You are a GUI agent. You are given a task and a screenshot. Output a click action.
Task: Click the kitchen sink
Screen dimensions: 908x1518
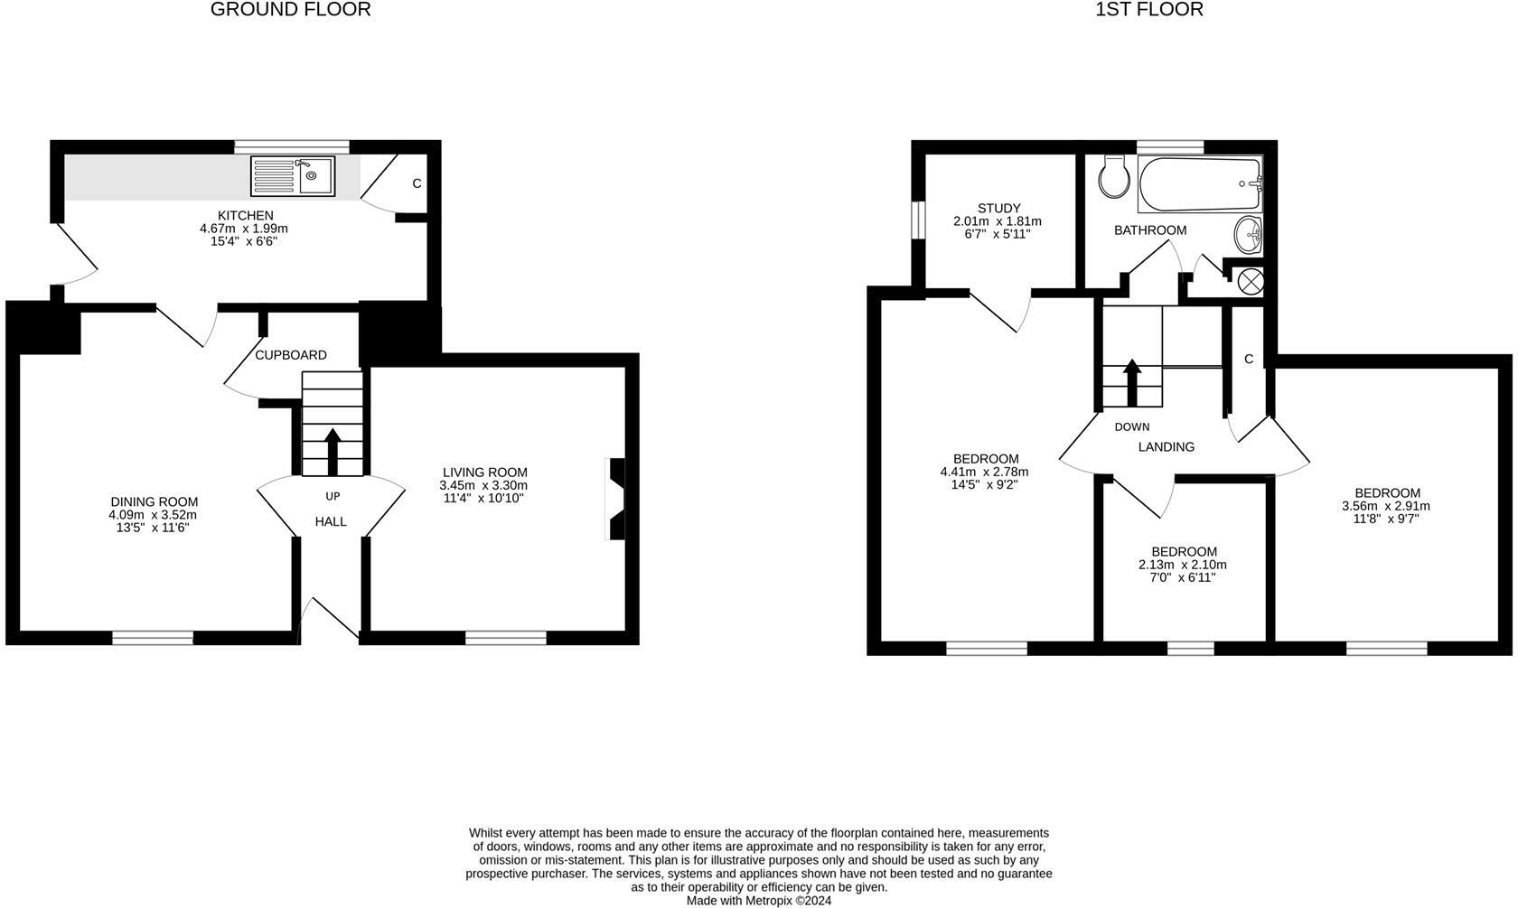click(x=293, y=176)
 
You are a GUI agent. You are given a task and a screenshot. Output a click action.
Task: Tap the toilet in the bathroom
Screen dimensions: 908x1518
click(x=1112, y=176)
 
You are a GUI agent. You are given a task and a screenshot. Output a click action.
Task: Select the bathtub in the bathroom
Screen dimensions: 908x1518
click(x=1200, y=184)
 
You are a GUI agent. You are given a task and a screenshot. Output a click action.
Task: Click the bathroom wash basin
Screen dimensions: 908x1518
click(x=1249, y=236)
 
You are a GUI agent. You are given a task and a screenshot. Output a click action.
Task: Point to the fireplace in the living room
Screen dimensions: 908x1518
click(x=616, y=499)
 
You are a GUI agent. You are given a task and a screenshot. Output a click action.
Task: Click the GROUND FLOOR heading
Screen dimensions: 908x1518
click(x=290, y=10)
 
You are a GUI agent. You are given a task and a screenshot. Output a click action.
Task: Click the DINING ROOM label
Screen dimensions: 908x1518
click(x=154, y=502)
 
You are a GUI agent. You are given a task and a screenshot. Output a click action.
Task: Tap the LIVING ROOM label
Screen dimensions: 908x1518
click(x=485, y=473)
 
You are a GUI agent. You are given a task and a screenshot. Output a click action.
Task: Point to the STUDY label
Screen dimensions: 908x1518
click(x=998, y=208)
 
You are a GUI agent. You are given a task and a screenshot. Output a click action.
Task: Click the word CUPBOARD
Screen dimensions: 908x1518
click(x=291, y=355)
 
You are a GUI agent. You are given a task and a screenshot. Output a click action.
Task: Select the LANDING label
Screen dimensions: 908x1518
click(x=1167, y=446)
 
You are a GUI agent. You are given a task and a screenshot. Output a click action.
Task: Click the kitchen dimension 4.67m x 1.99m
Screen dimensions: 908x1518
click(x=244, y=229)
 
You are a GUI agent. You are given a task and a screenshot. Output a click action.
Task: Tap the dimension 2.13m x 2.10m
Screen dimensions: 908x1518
click(x=1183, y=565)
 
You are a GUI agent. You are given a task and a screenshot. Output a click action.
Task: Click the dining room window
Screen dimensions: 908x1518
click(x=153, y=638)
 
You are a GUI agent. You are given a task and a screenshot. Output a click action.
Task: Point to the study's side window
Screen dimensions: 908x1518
click(x=917, y=220)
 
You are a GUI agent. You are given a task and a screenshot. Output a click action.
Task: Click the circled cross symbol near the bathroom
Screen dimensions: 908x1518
click(x=1250, y=281)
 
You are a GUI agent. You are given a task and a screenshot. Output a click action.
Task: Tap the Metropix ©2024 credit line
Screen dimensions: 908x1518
click(x=759, y=900)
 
